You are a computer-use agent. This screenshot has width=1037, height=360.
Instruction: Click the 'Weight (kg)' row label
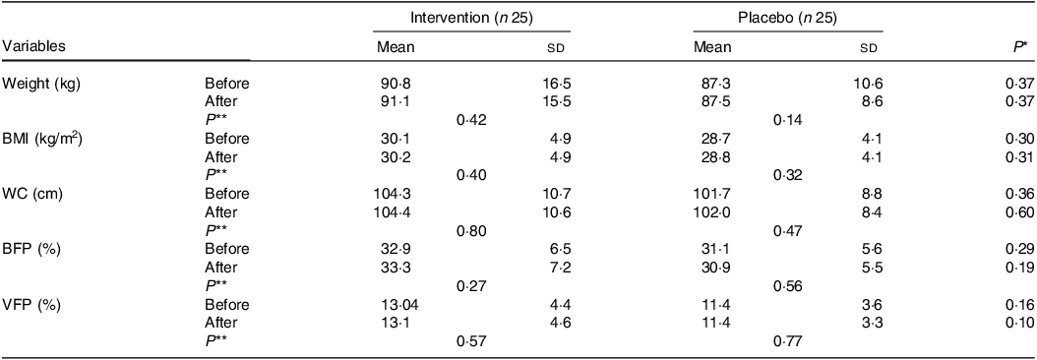(41, 84)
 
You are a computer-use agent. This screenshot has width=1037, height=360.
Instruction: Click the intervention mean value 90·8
(394, 84)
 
